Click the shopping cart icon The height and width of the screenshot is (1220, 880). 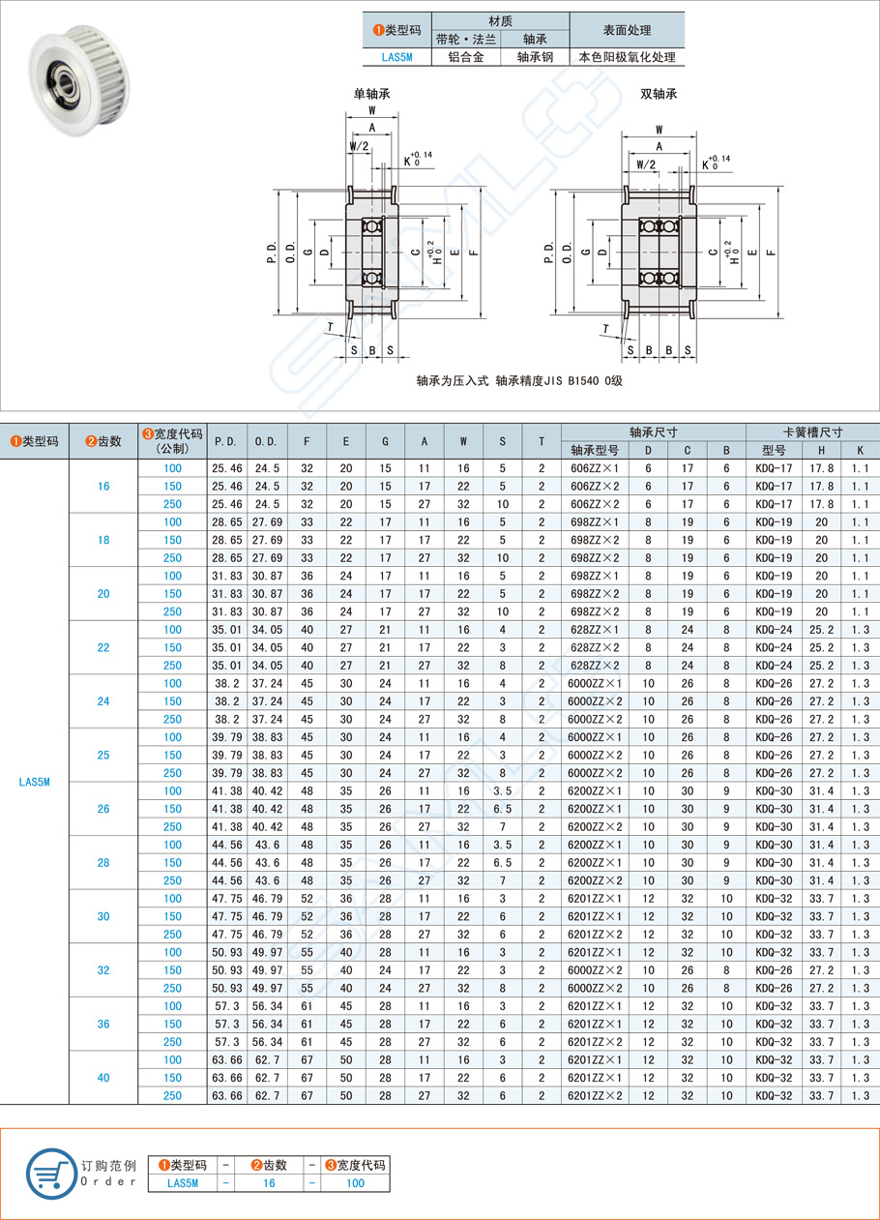coord(51,1173)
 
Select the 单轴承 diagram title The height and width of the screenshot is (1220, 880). coord(371,95)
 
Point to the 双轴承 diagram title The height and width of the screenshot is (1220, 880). coord(659,95)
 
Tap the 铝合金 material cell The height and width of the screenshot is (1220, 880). coord(465,57)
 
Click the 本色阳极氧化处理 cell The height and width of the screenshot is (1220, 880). coord(627,57)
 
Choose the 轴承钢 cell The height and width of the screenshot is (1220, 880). coord(535,57)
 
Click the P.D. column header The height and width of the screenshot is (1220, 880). coord(225,441)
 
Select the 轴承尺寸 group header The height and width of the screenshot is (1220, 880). coord(653,432)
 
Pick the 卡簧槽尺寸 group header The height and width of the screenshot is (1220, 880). coord(812,432)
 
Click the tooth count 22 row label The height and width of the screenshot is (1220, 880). coord(103,647)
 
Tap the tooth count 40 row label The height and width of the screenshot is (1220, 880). coord(103,1078)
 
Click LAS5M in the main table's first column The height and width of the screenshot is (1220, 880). coord(34,782)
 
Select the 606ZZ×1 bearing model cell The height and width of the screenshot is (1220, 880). coord(594,468)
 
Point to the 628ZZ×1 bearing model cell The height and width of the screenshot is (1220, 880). coord(594,630)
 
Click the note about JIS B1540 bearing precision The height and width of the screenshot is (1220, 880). coord(519,380)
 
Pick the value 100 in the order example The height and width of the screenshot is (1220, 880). coord(355,1182)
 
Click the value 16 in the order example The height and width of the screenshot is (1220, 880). coord(269,1182)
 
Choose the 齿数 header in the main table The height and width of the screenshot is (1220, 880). coord(103,441)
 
